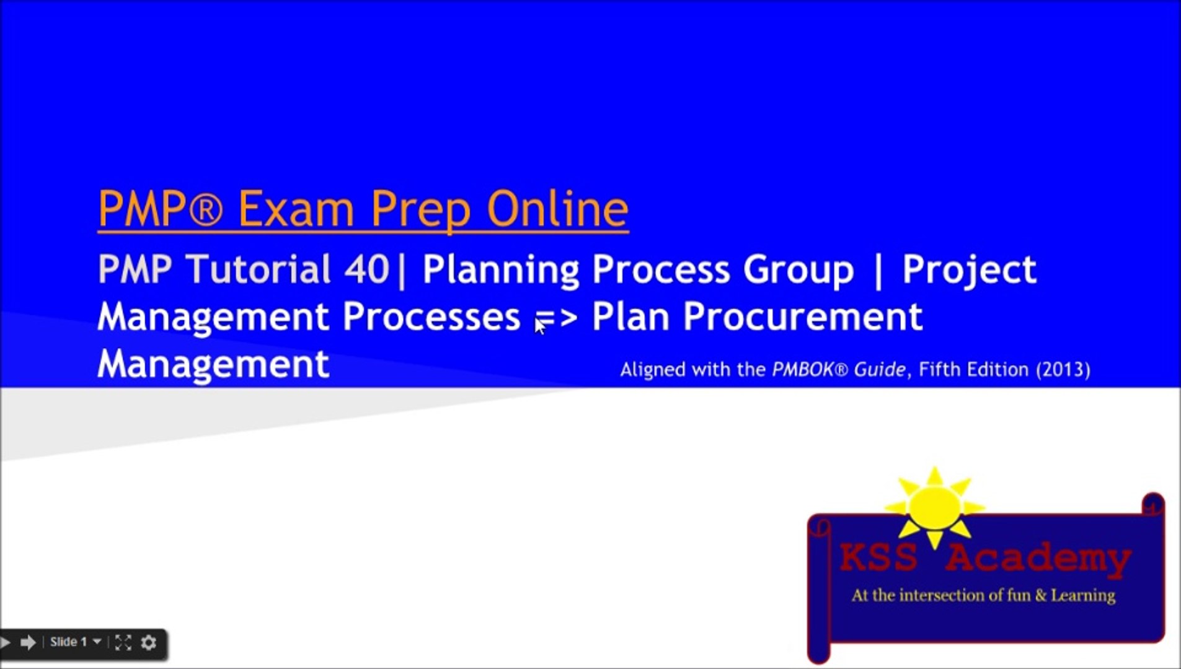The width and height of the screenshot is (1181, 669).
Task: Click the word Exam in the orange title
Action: [x=296, y=209]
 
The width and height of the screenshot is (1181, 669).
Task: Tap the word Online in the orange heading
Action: [x=557, y=209]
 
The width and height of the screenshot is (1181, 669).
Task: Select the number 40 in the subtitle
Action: [x=366, y=269]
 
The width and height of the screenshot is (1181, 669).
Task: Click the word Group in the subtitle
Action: [x=798, y=269]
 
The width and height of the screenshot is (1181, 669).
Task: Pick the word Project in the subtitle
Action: [x=969, y=269]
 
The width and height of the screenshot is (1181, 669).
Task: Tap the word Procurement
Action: [x=802, y=317]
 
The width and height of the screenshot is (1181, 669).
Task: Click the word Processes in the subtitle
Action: [x=431, y=317]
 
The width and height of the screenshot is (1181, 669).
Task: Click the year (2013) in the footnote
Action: [x=1063, y=370]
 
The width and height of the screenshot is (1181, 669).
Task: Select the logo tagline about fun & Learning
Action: [x=983, y=595]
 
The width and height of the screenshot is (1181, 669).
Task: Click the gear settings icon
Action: [x=149, y=642]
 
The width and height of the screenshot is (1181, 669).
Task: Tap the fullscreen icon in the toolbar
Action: [x=123, y=642]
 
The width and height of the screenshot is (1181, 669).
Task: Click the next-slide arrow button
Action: [x=28, y=642]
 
